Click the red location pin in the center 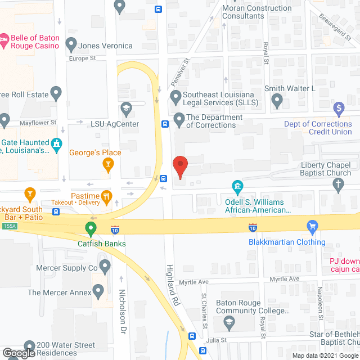(180, 167)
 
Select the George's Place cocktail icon (108, 164)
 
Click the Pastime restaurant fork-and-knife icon (106, 196)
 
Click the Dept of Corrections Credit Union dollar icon (339, 107)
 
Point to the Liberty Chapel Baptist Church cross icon (339, 184)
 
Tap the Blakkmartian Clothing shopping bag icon (313, 227)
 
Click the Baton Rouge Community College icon (229, 322)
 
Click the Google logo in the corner (18, 353)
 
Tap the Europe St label (83, 58)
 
